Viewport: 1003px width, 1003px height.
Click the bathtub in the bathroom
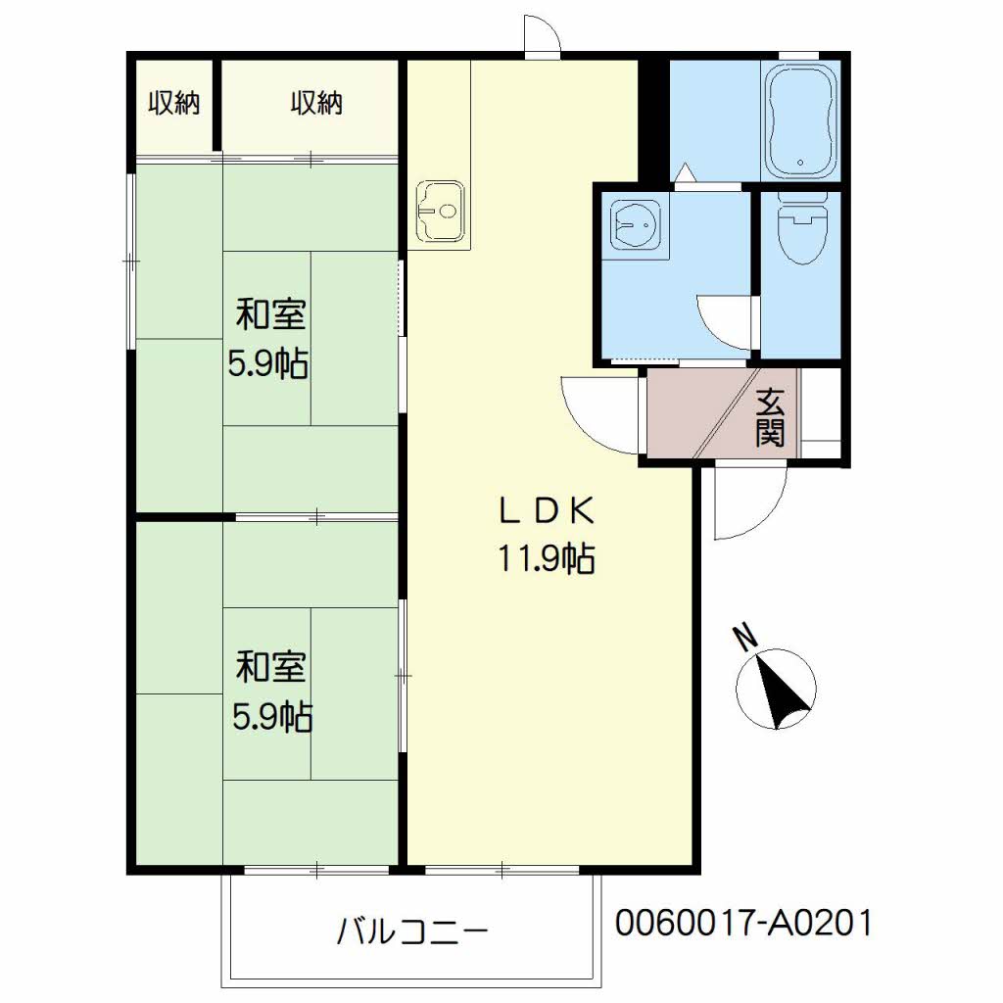pyautogui.click(x=801, y=122)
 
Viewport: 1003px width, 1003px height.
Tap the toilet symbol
pyautogui.click(x=801, y=228)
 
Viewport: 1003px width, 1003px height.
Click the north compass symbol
pyautogui.click(x=776, y=689)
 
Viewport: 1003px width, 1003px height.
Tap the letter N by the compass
pyautogui.click(x=744, y=637)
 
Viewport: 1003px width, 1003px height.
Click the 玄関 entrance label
pyautogui.click(x=770, y=417)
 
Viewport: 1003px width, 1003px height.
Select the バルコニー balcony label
pyautogui.click(x=412, y=931)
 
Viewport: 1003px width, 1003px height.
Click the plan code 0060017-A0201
pyautogui.click(x=744, y=923)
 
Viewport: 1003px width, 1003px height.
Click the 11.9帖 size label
pyautogui.click(x=547, y=558)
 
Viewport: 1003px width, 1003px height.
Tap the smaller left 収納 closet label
pyautogui.click(x=174, y=103)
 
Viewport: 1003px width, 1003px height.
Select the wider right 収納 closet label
pyautogui.click(x=316, y=103)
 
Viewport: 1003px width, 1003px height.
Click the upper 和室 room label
pyautogui.click(x=271, y=314)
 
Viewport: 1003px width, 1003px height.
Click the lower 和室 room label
pyautogui.click(x=271, y=666)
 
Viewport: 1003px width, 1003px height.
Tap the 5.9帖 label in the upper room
pyautogui.click(x=268, y=364)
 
